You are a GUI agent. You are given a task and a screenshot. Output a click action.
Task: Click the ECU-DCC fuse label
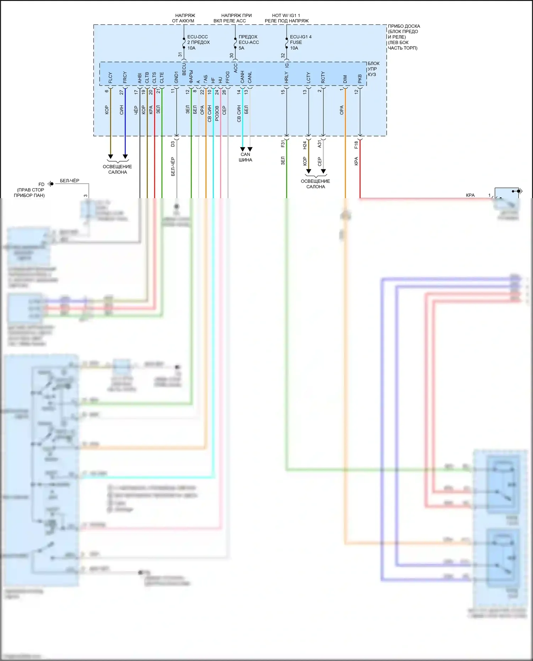[198, 42]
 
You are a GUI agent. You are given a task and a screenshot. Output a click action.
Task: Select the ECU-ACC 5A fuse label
[248, 42]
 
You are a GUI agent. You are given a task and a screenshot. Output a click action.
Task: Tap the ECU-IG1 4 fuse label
[300, 42]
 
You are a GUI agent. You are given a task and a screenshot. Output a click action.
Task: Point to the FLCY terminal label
[110, 78]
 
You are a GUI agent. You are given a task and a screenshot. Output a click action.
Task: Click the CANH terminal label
[242, 77]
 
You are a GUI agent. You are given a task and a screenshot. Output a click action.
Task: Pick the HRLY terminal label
[286, 77]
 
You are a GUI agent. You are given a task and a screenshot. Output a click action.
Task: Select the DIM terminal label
[345, 79]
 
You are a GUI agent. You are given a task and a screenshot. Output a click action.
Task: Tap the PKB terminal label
[360, 79]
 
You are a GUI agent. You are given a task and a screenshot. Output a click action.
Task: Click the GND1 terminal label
[176, 77]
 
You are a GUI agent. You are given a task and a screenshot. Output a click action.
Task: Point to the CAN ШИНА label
[245, 157]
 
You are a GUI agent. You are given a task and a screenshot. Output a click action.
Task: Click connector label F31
[283, 143]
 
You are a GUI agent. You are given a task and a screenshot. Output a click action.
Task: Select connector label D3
[173, 144]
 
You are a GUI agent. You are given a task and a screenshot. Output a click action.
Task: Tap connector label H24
[305, 145]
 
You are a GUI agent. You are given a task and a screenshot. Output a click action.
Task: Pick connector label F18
[356, 145]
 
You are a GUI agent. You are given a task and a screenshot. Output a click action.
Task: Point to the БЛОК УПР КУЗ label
[373, 69]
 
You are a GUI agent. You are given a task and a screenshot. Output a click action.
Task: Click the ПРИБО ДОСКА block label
[404, 37]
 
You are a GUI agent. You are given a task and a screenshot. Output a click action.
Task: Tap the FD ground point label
[42, 184]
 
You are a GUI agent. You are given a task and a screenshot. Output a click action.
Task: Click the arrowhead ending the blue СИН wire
[125, 157]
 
